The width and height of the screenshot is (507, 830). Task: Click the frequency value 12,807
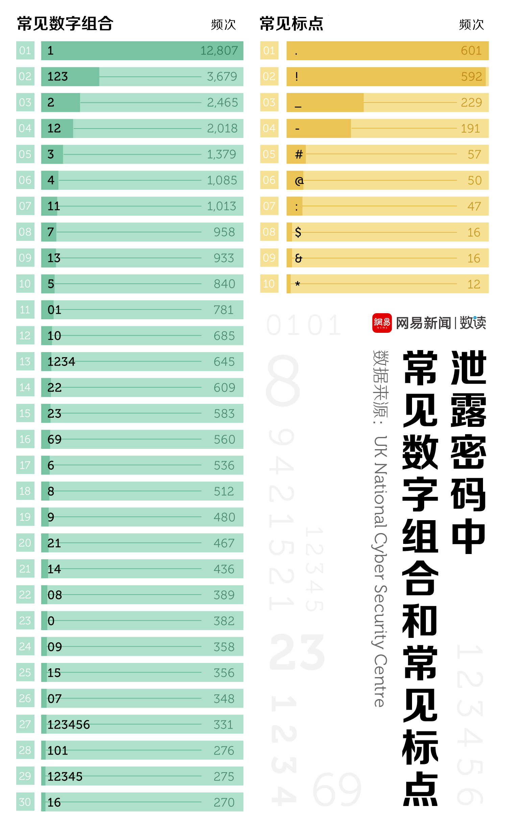[x=219, y=51]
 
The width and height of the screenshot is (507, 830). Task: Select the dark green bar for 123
[x=70, y=77]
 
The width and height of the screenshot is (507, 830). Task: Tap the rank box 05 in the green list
[x=25, y=154]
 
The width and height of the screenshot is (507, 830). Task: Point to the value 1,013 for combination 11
[x=221, y=206]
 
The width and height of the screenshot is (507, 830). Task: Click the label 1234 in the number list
[x=61, y=362]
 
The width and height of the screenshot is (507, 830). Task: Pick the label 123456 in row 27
[x=69, y=725]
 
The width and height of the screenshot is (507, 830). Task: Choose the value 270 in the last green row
[x=224, y=802]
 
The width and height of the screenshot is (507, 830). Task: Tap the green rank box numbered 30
[x=25, y=802]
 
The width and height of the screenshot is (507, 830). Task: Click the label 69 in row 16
[x=54, y=440]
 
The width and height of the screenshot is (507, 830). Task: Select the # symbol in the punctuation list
[x=299, y=155]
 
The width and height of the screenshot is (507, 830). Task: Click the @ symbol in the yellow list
[x=299, y=181]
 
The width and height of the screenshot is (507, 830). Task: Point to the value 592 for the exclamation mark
[x=471, y=77]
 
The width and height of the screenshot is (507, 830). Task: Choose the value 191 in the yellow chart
[x=470, y=129]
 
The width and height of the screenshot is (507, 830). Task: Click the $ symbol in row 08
[x=298, y=232]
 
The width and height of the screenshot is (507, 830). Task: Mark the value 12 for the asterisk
[x=474, y=284]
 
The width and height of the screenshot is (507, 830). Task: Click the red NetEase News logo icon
[x=382, y=323]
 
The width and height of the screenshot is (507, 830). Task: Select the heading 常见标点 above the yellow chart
[x=291, y=24]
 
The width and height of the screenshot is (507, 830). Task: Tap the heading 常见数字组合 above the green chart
[x=65, y=24]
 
